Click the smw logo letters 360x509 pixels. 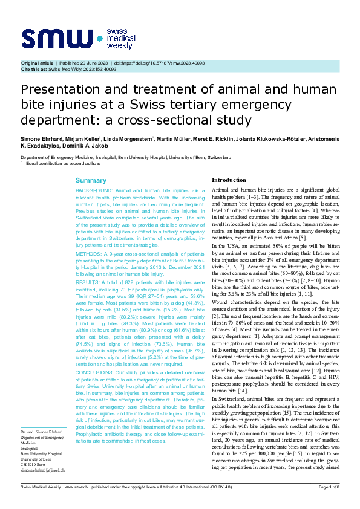pos(57,38)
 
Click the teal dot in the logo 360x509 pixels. pos(100,38)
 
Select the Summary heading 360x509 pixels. pos(90,181)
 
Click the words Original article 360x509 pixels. pos(37,63)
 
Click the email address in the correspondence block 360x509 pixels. pos(42,469)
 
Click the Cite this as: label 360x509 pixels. pos(34,69)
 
